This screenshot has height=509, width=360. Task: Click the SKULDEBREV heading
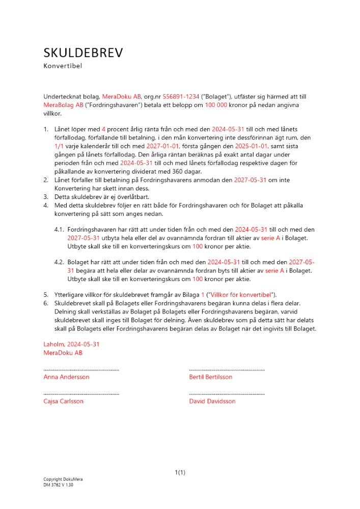(x=83, y=53)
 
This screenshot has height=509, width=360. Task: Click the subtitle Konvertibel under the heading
(x=63, y=66)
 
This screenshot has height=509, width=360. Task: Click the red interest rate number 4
(x=104, y=129)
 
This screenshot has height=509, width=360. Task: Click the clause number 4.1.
(x=59, y=230)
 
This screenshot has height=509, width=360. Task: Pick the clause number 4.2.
(x=59, y=262)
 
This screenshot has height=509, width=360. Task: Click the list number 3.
(x=45, y=196)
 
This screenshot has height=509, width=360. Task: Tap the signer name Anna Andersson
(x=66, y=377)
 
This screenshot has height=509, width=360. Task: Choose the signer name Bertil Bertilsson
(x=210, y=377)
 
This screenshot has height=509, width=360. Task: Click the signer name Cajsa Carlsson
(x=64, y=401)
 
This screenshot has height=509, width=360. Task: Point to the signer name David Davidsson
(x=212, y=401)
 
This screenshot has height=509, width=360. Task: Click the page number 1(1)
(x=180, y=472)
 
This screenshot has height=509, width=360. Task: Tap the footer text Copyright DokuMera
(x=63, y=479)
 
